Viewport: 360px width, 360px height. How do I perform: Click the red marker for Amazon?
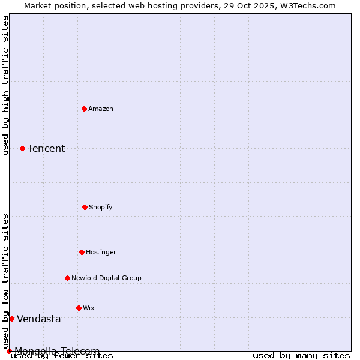[84, 109]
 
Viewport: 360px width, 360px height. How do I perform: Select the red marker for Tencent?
[22, 148]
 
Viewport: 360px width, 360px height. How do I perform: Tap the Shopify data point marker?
[85, 207]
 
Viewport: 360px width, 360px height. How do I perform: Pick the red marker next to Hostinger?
[82, 252]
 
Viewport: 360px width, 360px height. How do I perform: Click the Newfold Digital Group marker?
[67, 278]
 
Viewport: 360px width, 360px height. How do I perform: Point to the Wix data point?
[79, 308]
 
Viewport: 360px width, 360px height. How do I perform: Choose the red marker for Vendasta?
[11, 319]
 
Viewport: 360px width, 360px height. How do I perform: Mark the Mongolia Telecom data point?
[9, 351]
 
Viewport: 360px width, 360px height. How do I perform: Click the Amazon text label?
[101, 109]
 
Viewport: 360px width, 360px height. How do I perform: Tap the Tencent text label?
[46, 149]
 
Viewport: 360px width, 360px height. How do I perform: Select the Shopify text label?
[101, 207]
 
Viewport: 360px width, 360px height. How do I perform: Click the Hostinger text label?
[101, 252]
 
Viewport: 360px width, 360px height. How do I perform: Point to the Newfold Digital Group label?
[106, 278]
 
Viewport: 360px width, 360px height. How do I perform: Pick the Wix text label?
[89, 308]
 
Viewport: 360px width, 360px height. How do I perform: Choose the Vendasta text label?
[39, 319]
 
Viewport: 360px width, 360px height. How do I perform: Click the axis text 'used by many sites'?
[301, 355]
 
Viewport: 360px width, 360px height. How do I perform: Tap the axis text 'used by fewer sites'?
[62, 355]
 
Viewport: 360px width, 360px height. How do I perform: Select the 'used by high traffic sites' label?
[5, 85]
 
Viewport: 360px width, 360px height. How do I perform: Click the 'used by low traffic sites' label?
[5, 281]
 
